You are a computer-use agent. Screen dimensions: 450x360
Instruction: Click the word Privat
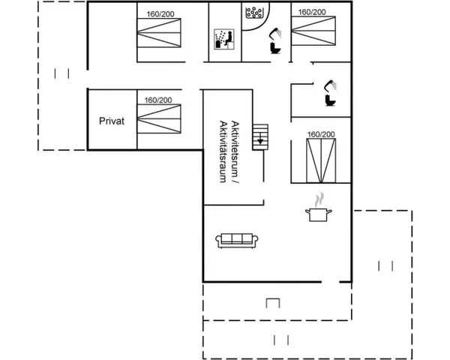[x=112, y=121]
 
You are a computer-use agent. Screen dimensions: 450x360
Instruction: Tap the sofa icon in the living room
[x=237, y=240]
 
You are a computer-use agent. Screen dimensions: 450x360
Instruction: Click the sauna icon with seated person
[x=224, y=39]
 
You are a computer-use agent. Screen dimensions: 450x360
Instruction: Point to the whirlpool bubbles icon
[x=254, y=13]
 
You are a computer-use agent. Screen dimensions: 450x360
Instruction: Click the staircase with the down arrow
[x=260, y=137]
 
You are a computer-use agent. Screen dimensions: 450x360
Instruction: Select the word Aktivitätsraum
[x=223, y=151]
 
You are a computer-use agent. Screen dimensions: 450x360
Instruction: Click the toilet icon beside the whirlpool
[x=275, y=48]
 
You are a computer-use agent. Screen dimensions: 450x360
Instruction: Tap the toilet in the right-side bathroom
[x=331, y=100]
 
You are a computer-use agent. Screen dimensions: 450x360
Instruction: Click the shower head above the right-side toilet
[x=330, y=85]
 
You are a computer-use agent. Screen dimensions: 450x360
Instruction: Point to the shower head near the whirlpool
[x=275, y=33]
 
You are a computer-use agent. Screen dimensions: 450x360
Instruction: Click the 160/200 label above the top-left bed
[x=160, y=14]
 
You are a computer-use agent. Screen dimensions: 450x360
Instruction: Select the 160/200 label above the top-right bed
[x=312, y=12]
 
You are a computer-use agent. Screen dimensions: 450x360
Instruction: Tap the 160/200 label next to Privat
[x=158, y=100]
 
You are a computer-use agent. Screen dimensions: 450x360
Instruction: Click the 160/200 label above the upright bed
[x=321, y=134]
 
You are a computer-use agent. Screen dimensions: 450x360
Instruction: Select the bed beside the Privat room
[x=159, y=118]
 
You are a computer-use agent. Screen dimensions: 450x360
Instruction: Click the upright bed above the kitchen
[x=321, y=160]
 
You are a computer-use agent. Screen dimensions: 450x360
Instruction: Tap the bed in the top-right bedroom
[x=313, y=31]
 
